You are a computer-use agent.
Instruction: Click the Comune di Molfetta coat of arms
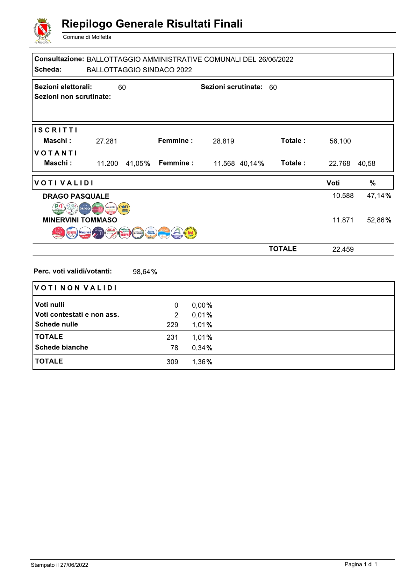click(x=42, y=31)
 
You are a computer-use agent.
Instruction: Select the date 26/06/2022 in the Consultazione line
click(x=275, y=59)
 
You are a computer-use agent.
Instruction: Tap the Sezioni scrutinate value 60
click(x=273, y=87)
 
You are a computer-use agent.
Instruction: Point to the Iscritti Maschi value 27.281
click(x=107, y=141)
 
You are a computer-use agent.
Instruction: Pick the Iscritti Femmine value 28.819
click(x=223, y=141)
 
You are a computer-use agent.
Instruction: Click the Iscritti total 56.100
click(x=340, y=141)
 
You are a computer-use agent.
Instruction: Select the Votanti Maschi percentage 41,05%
click(x=138, y=163)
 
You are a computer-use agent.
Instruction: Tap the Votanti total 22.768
click(x=339, y=163)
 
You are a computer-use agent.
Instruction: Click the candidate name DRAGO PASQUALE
click(x=76, y=196)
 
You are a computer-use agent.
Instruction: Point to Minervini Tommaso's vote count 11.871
click(x=343, y=220)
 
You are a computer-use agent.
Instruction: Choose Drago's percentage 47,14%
click(x=379, y=196)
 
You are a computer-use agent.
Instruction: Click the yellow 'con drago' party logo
click(x=123, y=208)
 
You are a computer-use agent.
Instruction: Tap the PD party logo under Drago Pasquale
click(x=58, y=208)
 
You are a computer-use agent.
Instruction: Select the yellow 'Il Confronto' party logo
click(x=191, y=233)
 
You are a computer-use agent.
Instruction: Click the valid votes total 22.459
click(x=343, y=249)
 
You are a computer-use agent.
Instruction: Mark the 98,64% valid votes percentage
click(x=145, y=272)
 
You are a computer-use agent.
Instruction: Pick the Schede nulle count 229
click(x=172, y=325)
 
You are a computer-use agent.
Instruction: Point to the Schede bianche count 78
click(x=174, y=348)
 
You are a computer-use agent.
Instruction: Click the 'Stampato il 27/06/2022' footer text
click(x=59, y=565)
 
